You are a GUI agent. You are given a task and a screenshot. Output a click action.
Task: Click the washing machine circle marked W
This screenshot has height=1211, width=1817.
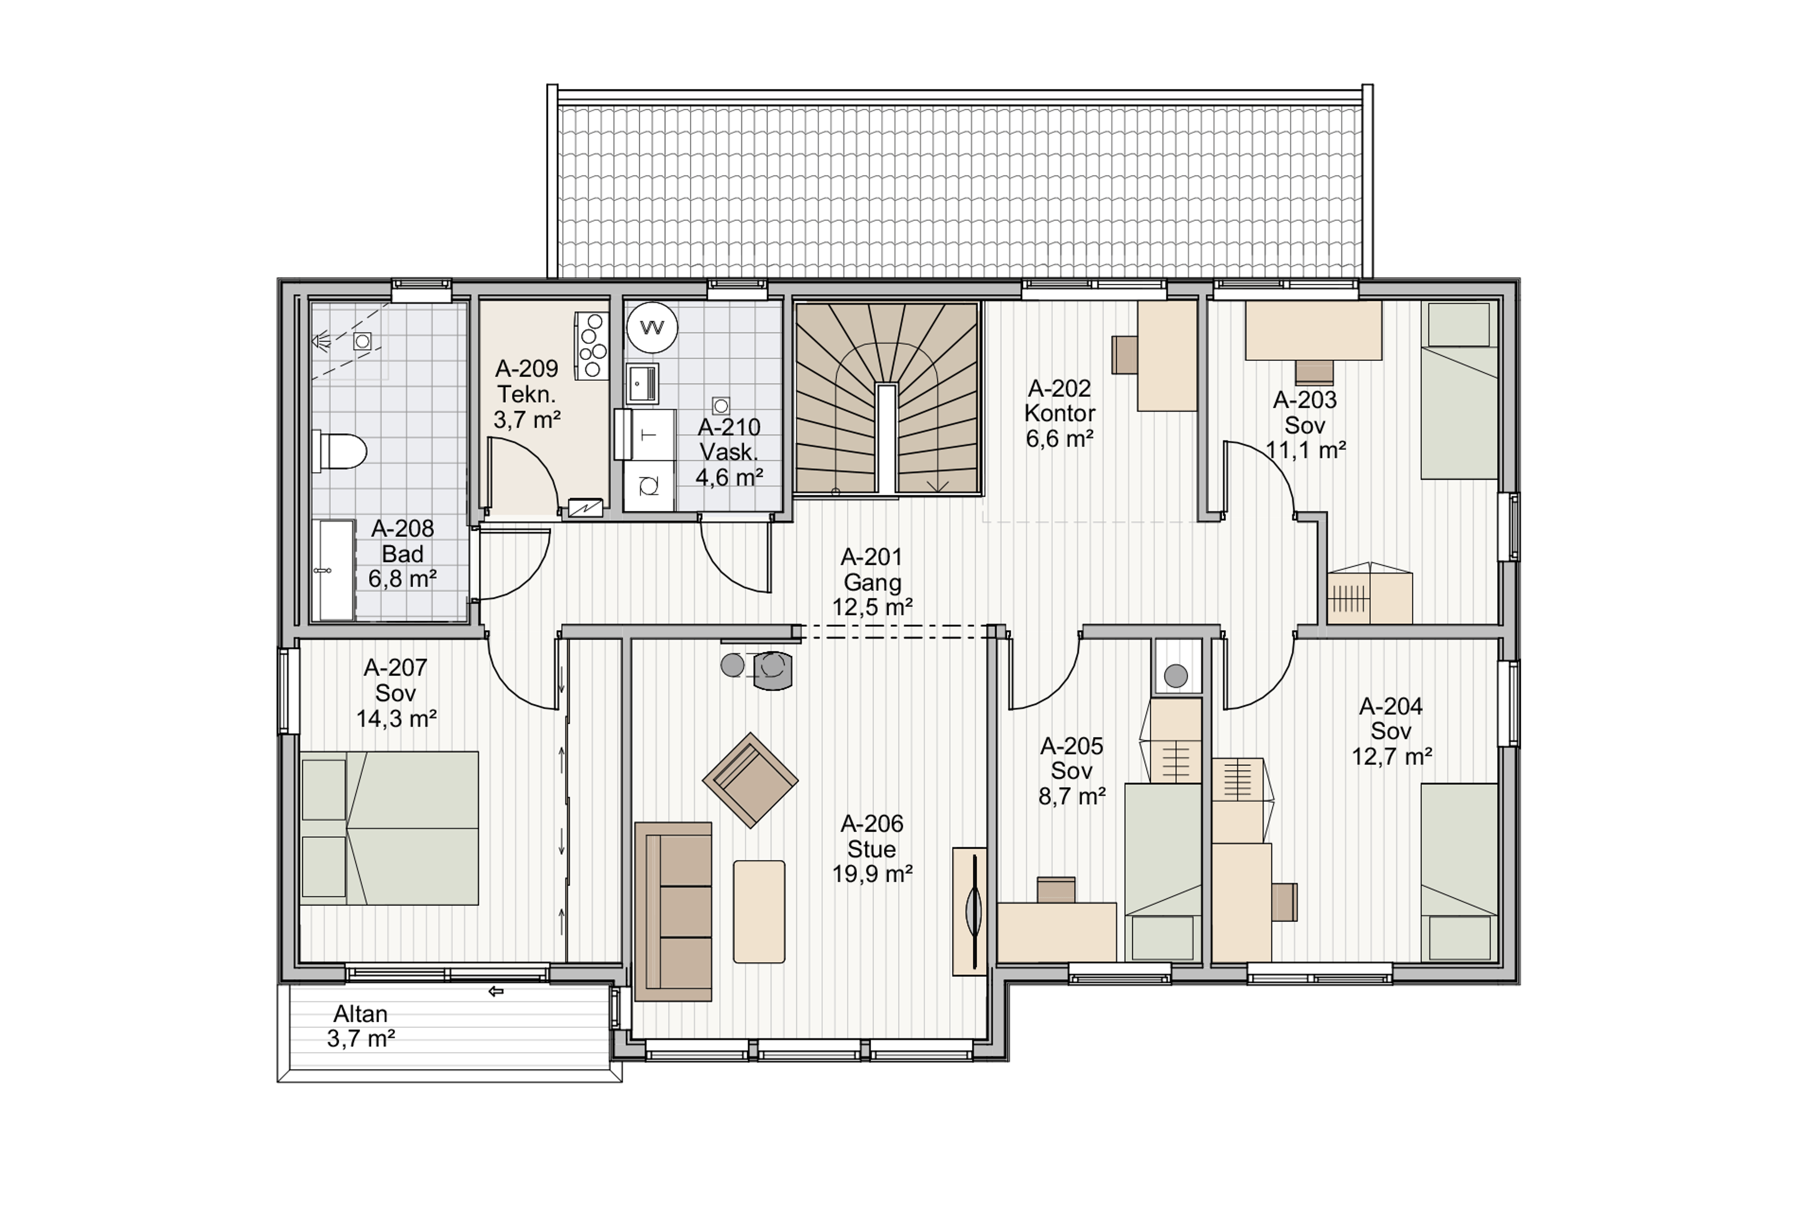coord(652,327)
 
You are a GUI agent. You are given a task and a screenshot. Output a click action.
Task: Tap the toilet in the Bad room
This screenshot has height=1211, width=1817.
coord(339,451)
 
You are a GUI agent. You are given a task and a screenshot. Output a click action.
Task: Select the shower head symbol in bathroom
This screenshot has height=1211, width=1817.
coord(321,341)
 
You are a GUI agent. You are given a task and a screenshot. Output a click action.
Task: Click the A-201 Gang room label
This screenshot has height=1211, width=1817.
coord(872,581)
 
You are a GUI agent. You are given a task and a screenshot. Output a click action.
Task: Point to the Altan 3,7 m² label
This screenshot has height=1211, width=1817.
coord(361,1026)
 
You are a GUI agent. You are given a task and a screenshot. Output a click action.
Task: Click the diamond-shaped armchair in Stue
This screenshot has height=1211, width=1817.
coord(750,780)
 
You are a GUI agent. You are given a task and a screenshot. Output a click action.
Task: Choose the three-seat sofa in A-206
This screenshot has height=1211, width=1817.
coord(673,912)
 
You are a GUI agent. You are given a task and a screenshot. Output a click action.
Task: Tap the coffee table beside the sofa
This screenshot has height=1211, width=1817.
coord(759,912)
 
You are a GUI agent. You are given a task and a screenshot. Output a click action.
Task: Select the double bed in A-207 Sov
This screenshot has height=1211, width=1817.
coord(389,828)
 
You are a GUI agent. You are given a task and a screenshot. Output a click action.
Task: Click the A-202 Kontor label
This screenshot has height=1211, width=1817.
coord(1059,413)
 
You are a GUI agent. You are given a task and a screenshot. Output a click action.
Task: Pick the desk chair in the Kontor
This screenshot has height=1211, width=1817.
coord(1124,354)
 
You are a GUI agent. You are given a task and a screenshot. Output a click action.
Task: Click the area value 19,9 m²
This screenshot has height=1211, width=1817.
coord(872,874)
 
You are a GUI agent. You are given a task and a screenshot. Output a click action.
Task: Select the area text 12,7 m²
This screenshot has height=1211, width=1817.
coord(1391,756)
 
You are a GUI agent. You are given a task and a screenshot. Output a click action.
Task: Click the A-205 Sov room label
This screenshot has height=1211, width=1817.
coord(1071,771)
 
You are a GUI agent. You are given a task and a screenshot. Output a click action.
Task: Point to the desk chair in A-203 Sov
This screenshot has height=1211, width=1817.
coord(1314,372)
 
